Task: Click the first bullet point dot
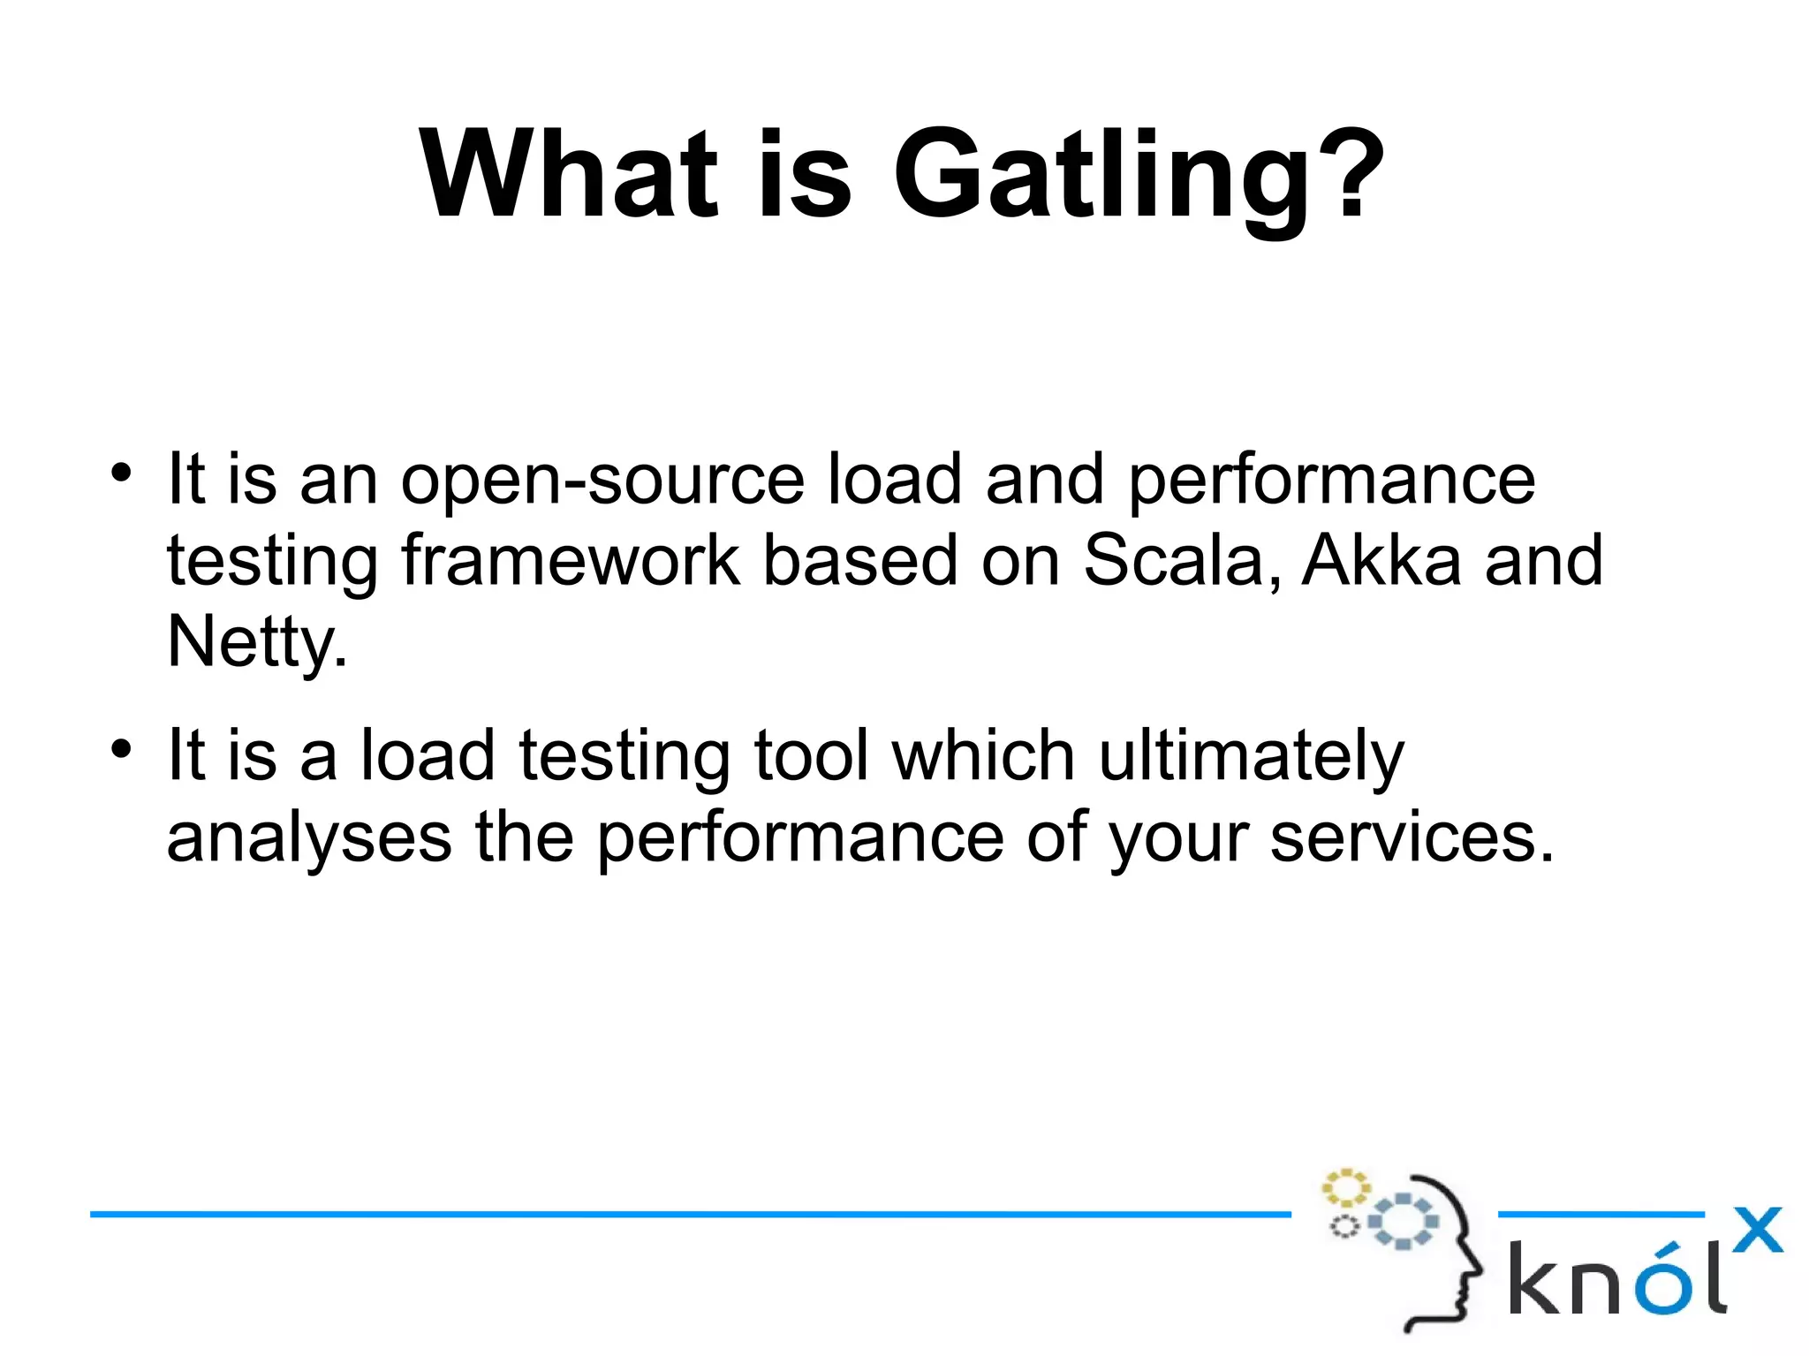[121, 472]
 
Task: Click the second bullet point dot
[121, 749]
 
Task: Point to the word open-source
[602, 481]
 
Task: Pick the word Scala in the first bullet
[1180, 560]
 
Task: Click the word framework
[570, 560]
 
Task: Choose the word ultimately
[1250, 758]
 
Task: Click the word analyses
[308, 839]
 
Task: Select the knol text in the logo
[1616, 1279]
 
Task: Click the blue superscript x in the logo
[1757, 1230]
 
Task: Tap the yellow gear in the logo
[1345, 1188]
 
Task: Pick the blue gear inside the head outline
[1403, 1223]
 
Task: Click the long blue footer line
[689, 1215]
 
